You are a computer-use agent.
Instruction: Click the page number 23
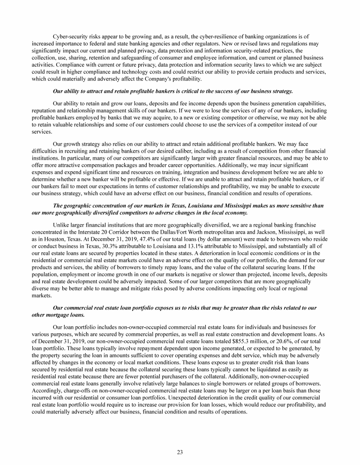click(180, 451)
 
